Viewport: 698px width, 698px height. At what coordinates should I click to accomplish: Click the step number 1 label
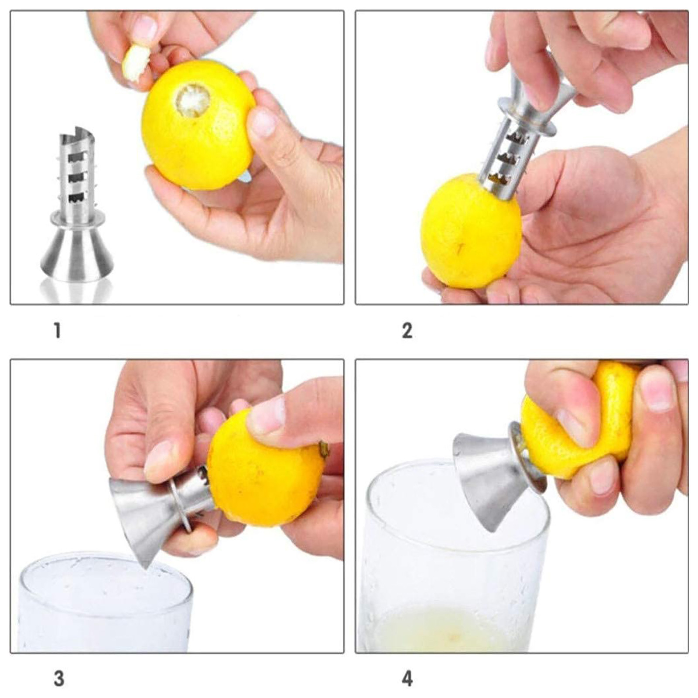click(57, 330)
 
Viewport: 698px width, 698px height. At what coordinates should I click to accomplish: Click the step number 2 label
click(407, 330)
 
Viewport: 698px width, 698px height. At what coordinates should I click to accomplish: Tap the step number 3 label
click(58, 679)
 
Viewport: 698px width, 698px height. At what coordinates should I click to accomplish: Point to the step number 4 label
click(407, 679)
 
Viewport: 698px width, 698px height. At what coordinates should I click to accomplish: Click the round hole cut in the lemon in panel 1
click(192, 101)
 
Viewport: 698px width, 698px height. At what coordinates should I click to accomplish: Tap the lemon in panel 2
click(471, 231)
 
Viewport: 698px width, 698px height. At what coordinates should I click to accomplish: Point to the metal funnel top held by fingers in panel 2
click(539, 100)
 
